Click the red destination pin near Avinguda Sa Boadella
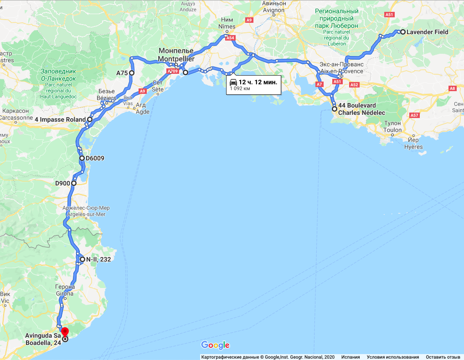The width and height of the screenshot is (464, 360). pos(65,332)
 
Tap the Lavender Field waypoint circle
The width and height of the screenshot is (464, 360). pos(403,32)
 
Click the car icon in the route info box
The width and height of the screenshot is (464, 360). pos(233,82)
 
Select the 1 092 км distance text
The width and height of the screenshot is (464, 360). pos(240,88)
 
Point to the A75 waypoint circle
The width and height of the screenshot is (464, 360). pos(131,73)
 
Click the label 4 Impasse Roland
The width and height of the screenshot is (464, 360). pos(60,119)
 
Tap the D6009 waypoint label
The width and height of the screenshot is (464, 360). pos(95,159)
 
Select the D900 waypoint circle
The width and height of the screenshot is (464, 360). pos(73,184)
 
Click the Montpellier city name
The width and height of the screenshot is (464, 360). pos(176,59)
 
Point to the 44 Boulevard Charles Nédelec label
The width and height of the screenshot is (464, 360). pos(361,109)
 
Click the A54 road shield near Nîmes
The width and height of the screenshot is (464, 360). pos(230,39)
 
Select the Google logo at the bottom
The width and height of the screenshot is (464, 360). pos(215,345)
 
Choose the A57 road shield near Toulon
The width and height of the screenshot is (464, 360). pos(414,116)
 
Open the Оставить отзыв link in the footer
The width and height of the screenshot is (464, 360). pos(443,357)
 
